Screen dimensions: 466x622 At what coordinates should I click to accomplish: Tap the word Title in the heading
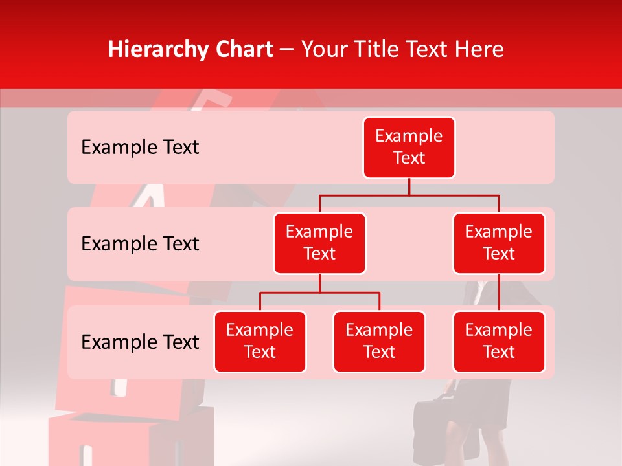pyautogui.click(x=373, y=49)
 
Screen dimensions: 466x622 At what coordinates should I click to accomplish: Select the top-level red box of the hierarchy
pyautogui.click(x=409, y=148)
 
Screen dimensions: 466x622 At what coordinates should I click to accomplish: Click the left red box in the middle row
pyautogui.click(x=319, y=243)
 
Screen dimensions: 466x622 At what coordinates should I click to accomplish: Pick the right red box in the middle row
pyautogui.click(x=499, y=243)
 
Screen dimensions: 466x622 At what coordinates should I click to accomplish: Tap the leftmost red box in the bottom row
pyautogui.click(x=260, y=341)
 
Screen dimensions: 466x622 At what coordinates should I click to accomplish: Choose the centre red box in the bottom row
pyautogui.click(x=379, y=341)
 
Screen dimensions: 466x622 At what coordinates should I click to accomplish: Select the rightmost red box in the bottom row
pyautogui.click(x=499, y=341)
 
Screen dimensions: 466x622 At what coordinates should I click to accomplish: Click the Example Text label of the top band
pyautogui.click(x=140, y=148)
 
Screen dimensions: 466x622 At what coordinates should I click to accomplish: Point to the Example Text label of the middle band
pyautogui.click(x=140, y=244)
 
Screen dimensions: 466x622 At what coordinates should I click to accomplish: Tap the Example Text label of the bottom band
pyautogui.click(x=140, y=342)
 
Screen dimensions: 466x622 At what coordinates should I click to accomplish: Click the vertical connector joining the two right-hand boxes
pyautogui.click(x=499, y=293)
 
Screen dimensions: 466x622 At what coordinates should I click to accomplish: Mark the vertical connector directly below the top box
pyautogui.click(x=409, y=186)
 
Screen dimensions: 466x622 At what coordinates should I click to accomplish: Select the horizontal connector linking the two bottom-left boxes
pyautogui.click(x=319, y=293)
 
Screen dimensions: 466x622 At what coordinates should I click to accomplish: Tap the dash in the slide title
pyautogui.click(x=287, y=50)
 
